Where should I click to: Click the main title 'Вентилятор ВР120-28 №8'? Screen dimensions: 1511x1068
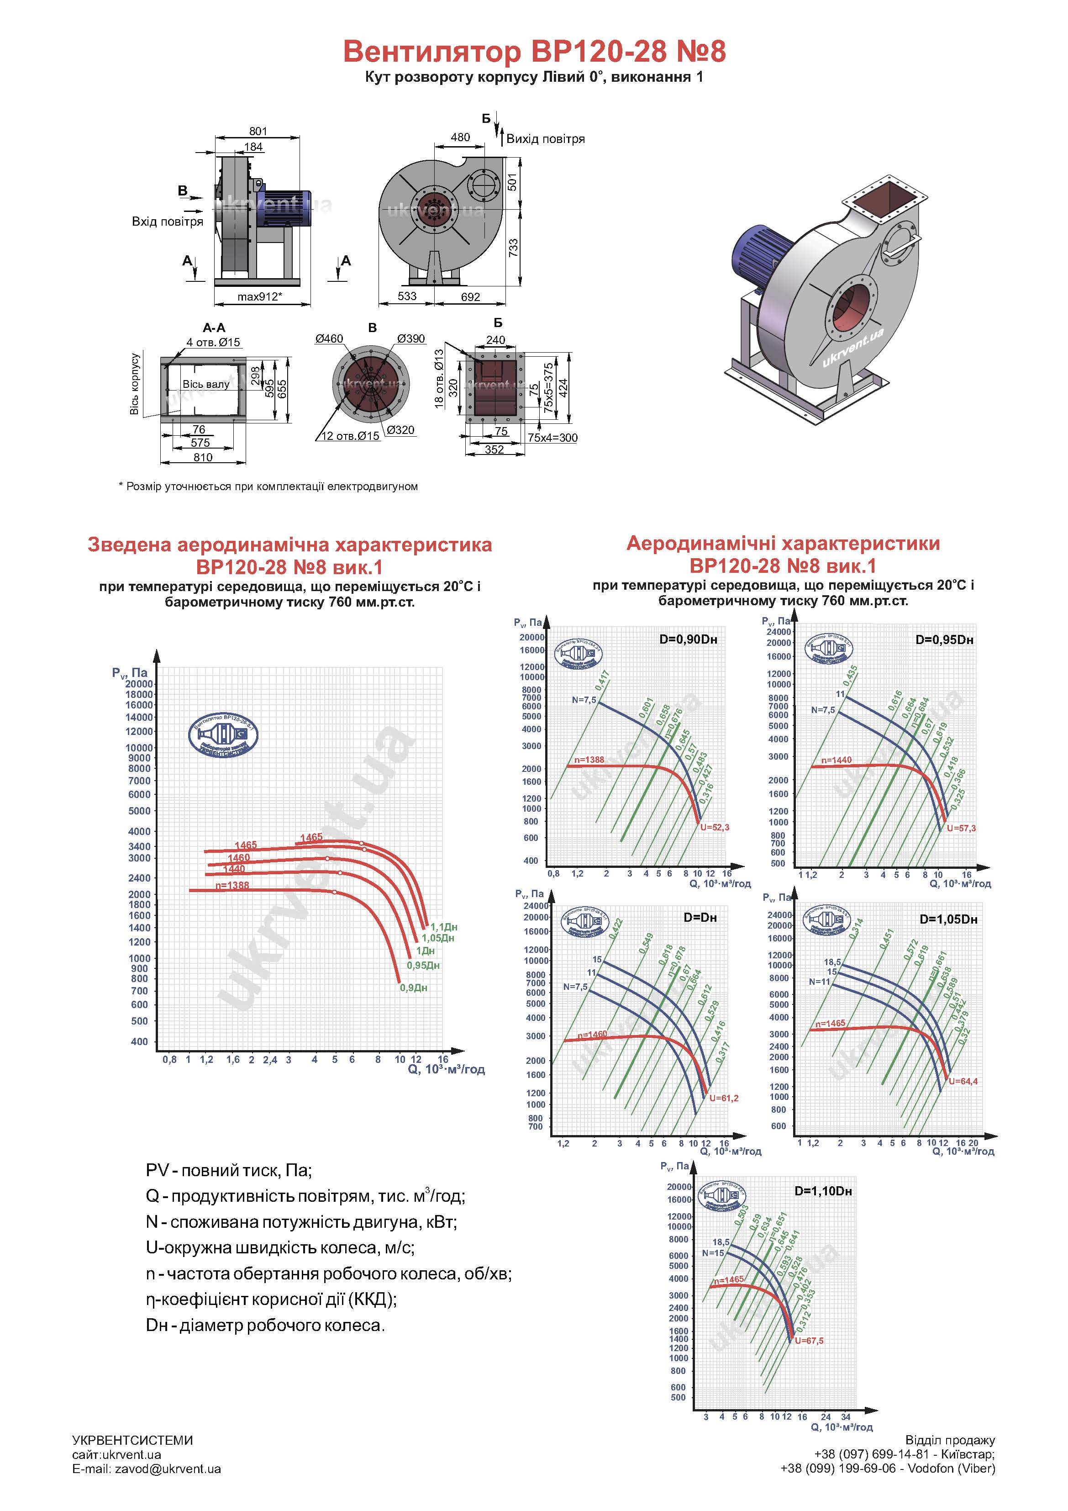point(534,51)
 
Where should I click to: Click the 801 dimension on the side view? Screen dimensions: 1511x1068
point(258,132)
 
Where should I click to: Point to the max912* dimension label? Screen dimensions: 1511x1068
point(260,297)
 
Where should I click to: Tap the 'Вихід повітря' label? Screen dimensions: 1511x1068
point(545,139)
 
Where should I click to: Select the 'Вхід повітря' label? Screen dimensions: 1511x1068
point(167,222)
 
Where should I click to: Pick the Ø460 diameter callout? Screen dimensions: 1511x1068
point(329,339)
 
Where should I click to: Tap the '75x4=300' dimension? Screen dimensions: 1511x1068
point(553,438)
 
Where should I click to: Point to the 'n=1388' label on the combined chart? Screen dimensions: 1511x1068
point(232,886)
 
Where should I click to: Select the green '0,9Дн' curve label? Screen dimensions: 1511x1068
point(413,988)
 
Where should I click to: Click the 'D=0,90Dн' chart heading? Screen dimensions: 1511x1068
point(688,639)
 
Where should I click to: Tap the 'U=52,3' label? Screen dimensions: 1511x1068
point(715,827)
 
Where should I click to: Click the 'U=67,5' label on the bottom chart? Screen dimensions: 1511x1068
point(809,1341)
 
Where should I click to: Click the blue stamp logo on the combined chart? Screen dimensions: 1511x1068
point(223,734)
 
